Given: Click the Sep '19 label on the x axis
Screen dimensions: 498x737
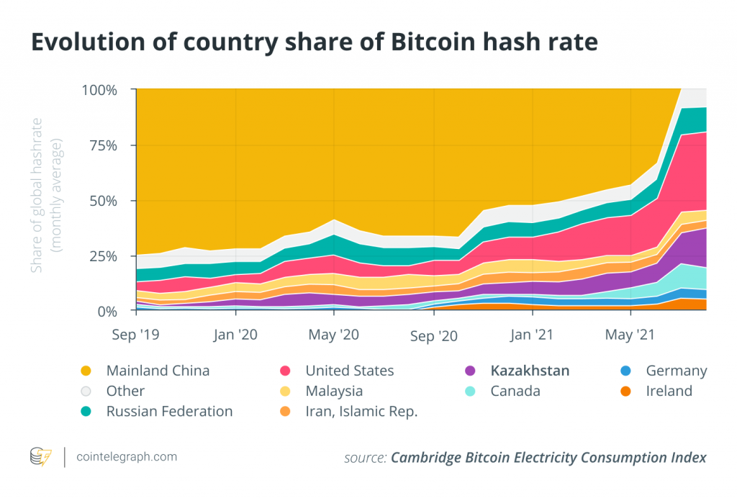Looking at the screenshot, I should pyautogui.click(x=137, y=335).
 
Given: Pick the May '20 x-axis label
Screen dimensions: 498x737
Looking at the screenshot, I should pyautogui.click(x=334, y=335).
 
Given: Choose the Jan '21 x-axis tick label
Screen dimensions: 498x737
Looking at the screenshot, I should pyautogui.click(x=532, y=335).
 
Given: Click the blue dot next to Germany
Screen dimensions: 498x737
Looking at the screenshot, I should pyautogui.click(x=625, y=371).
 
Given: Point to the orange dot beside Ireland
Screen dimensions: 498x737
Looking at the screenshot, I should pyautogui.click(x=625, y=391).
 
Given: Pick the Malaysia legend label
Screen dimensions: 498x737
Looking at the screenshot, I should pyautogui.click(x=334, y=391).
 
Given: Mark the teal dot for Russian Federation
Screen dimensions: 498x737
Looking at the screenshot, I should pyautogui.click(x=86, y=412).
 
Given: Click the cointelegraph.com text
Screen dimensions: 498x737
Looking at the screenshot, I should pyautogui.click(x=127, y=457).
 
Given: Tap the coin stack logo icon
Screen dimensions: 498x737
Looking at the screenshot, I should pyautogui.click(x=40, y=457).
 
